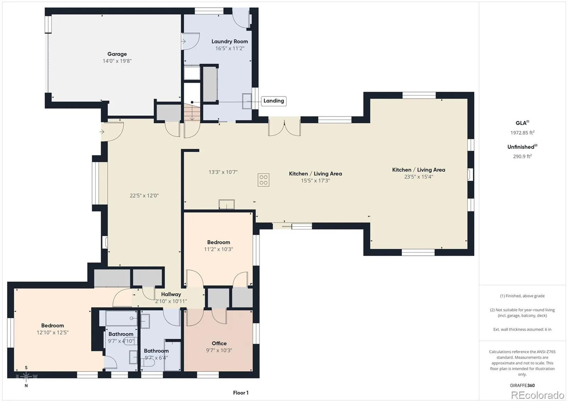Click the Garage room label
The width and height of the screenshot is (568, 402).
[x=117, y=54]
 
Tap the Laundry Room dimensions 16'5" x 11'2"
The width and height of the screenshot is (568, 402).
[x=230, y=48]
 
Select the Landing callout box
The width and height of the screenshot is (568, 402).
[x=274, y=101]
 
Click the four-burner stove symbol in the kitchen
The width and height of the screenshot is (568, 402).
[x=263, y=180]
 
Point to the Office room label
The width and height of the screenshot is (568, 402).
[x=219, y=343]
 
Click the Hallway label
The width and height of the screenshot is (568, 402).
[x=171, y=294]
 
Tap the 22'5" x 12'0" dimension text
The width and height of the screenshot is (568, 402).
[x=144, y=195]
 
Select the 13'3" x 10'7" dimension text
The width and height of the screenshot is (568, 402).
[x=223, y=172]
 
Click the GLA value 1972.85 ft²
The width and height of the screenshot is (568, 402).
[x=522, y=132]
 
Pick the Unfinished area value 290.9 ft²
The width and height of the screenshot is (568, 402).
[x=522, y=156]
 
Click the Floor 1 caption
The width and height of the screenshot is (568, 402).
[x=241, y=393]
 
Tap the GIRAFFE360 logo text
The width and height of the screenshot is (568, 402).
[x=522, y=385]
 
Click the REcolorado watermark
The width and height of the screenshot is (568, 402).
[x=537, y=395]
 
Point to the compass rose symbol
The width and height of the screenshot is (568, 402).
[x=26, y=376]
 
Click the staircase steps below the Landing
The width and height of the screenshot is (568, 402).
[x=192, y=112]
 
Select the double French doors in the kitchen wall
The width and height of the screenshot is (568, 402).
[x=284, y=126]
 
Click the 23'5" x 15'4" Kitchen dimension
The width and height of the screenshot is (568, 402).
[x=419, y=177]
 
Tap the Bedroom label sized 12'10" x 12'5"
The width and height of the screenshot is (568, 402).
[x=53, y=326]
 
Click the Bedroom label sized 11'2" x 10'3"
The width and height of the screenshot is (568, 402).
[x=219, y=242]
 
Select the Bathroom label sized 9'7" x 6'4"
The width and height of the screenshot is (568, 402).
[x=156, y=351]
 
